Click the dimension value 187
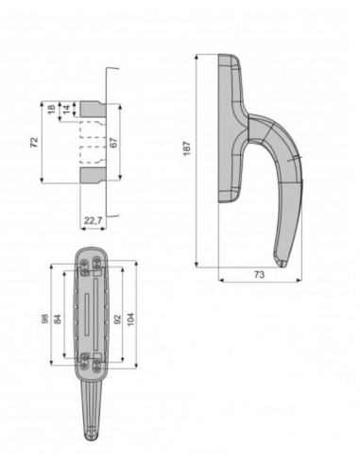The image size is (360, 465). click(x=187, y=148)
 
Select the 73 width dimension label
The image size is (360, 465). click(x=259, y=275)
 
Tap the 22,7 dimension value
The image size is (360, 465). click(x=93, y=221)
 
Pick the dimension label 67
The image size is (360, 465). click(x=114, y=143)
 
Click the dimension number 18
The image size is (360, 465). click(x=52, y=109)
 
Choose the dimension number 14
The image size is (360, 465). click(x=67, y=110)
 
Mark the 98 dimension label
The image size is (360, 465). click(x=45, y=319)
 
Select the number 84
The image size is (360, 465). click(x=58, y=319)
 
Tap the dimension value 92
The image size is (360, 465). click(x=117, y=319)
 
